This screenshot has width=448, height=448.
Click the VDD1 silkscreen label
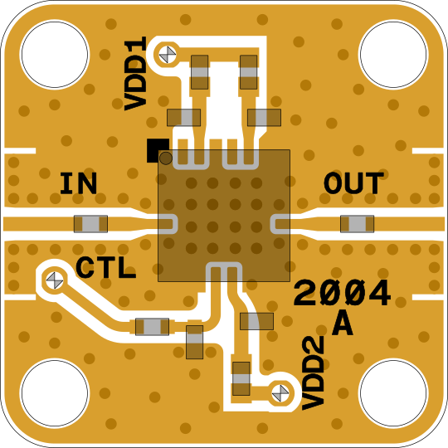click(135, 74)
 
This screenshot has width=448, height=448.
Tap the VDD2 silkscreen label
click(313, 373)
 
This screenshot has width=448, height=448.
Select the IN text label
click(78, 183)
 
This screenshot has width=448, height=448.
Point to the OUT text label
click(353, 183)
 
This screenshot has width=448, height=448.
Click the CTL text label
click(105, 267)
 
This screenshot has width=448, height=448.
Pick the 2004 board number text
click(342, 292)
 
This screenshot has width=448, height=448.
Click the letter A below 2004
click(343, 324)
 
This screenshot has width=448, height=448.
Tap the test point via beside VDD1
click(168, 55)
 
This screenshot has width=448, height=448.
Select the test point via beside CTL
click(55, 280)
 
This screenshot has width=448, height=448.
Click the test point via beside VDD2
click(280, 393)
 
